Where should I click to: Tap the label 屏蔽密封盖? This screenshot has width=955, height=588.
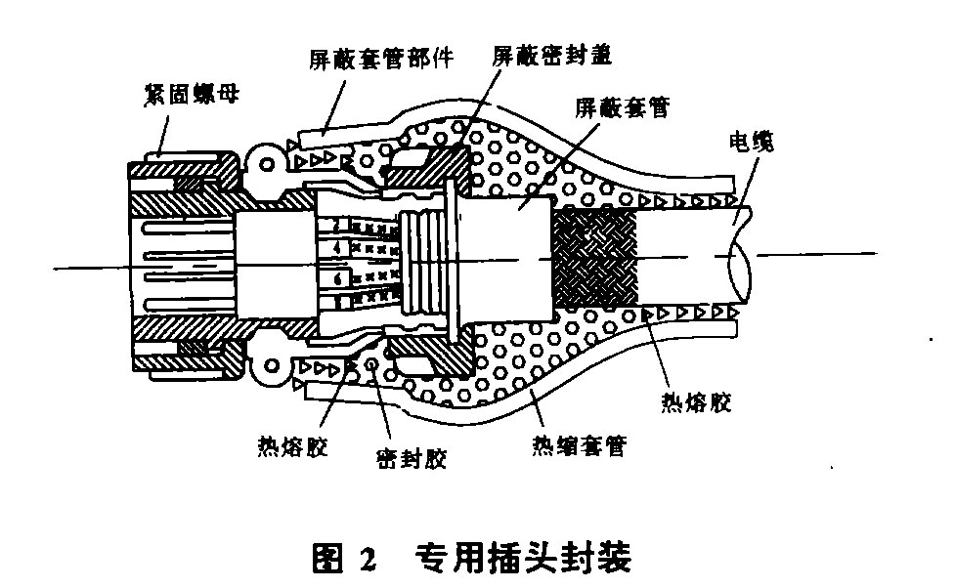coord(551,57)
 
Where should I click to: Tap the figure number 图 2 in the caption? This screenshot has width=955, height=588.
coord(343,560)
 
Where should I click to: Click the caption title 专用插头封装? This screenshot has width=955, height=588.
coord(523,560)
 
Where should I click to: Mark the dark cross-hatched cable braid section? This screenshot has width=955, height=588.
coord(594,261)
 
